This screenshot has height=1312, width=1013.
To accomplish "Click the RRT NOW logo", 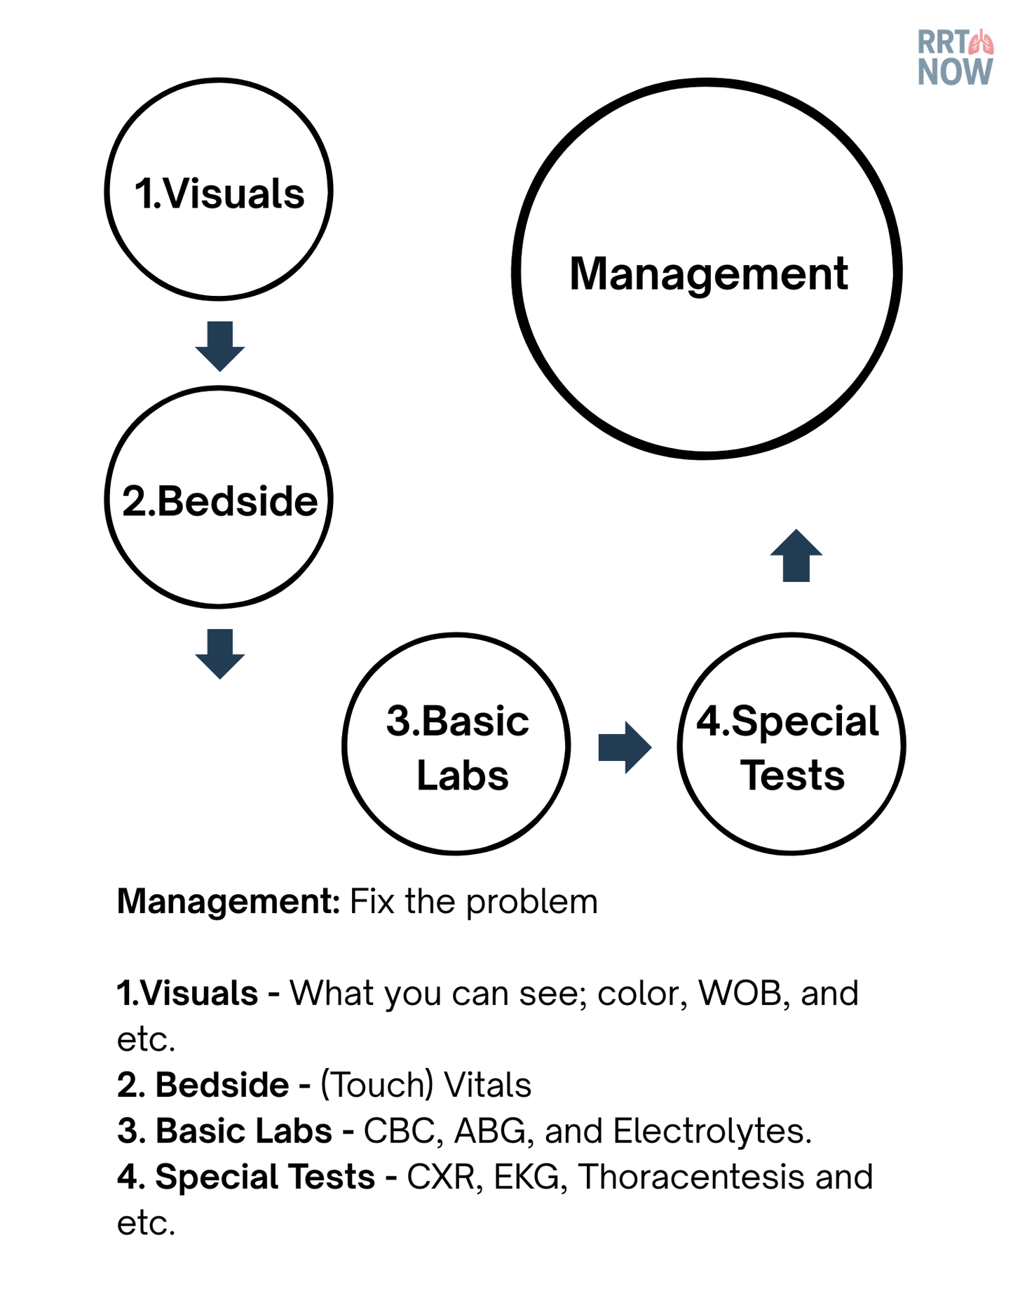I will [955, 58].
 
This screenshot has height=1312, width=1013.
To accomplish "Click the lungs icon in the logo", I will [981, 43].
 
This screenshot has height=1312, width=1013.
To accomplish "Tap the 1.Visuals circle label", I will [219, 193].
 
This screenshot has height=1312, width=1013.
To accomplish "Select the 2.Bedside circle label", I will [219, 501].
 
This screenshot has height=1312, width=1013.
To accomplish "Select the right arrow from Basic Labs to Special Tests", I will [625, 748].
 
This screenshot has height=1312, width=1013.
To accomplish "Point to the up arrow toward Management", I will [796, 555].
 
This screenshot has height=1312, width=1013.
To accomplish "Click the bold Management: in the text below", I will [229, 901].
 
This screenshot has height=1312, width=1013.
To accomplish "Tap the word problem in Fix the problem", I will [532, 901].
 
